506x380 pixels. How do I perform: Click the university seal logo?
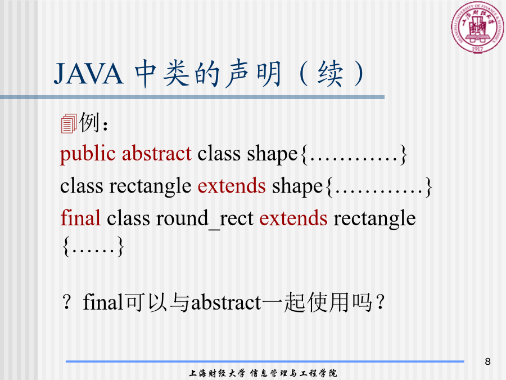click(477, 27)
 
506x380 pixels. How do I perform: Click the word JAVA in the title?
click(88, 74)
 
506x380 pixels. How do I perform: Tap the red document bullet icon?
click(69, 123)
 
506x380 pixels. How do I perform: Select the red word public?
click(88, 154)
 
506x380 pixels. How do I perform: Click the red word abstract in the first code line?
click(157, 153)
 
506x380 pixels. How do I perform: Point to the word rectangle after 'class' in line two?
click(150, 187)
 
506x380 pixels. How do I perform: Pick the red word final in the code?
click(80, 218)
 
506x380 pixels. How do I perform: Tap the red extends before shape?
click(232, 186)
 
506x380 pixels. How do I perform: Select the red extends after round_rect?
click(293, 218)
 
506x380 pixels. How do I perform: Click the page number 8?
click(487, 361)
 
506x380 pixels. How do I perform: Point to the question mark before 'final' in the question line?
click(66, 302)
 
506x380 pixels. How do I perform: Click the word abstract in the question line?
click(226, 303)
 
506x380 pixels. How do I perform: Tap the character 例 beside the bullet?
click(89, 122)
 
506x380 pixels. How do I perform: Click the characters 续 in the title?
click(330, 74)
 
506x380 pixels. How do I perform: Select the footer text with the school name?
click(263, 373)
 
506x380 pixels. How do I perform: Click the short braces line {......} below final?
click(93, 246)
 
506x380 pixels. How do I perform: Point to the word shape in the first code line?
click(272, 154)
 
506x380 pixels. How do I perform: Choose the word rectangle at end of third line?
click(374, 219)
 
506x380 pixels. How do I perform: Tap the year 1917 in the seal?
click(477, 49)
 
